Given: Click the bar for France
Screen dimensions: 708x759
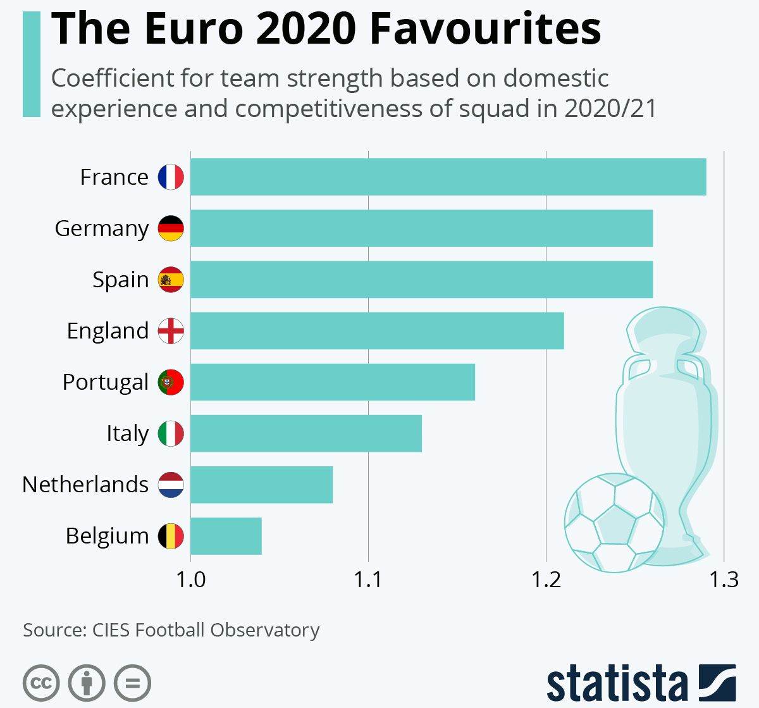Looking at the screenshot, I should coord(448,177).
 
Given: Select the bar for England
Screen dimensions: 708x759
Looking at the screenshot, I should coord(377,330).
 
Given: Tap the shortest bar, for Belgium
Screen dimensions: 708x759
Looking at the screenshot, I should coord(226,536).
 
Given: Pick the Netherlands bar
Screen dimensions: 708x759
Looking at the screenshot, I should coord(261,485).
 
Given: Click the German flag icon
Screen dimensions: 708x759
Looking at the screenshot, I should coord(171,228).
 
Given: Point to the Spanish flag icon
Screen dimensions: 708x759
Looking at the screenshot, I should coord(171,280).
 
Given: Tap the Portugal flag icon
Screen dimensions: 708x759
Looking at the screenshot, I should coord(171,382).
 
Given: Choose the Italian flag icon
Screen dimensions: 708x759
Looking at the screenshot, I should coord(171,433).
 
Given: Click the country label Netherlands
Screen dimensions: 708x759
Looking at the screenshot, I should coord(85,485).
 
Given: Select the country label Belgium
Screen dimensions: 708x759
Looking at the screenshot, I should coord(107,536).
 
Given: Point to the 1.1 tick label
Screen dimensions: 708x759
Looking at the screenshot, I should coord(368,580).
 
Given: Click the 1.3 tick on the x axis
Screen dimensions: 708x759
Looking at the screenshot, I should coord(724,580).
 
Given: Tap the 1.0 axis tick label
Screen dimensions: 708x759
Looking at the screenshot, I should coord(190,580).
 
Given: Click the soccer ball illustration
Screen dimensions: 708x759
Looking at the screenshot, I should coord(614,523).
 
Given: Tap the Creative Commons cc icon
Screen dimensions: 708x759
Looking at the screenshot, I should coord(41,683).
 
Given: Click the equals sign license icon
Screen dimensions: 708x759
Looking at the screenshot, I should coord(133,683).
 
